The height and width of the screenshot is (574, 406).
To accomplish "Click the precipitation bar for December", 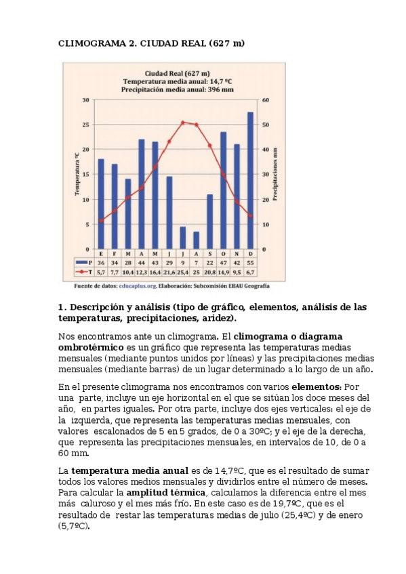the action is click(x=250, y=180).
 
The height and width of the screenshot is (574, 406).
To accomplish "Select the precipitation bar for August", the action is click(x=197, y=240).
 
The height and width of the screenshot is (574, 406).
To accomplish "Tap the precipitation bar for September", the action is click(x=210, y=221).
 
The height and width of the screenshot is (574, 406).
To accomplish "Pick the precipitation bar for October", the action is click(x=223, y=190).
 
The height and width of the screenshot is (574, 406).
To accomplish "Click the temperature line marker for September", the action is click(x=209, y=146).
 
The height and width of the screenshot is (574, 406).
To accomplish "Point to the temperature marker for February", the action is click(x=115, y=211).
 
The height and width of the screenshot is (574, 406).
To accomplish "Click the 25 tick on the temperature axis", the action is click(x=86, y=125).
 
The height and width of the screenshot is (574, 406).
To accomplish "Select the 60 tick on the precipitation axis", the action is click(x=266, y=100).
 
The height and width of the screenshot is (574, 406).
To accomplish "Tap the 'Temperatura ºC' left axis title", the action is click(x=77, y=174).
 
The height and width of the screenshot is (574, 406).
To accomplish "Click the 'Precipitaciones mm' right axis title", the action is click(x=275, y=174).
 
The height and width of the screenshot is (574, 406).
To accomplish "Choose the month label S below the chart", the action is click(x=210, y=253).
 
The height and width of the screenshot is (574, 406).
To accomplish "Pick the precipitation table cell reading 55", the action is click(x=250, y=262).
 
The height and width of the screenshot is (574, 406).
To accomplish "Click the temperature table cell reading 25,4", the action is click(x=182, y=271).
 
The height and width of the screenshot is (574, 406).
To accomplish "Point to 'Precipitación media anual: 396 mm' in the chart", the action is click(x=177, y=89).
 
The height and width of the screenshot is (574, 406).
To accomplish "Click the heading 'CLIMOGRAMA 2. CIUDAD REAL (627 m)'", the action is click(x=151, y=43).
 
